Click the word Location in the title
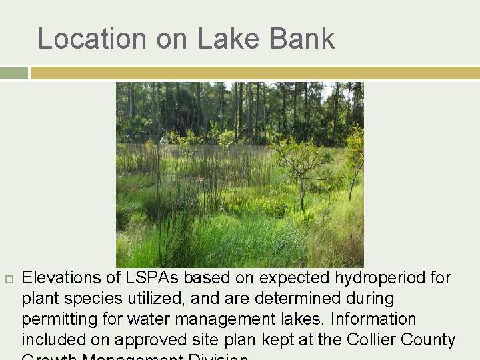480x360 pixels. click(x=93, y=39)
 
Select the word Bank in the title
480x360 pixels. click(x=302, y=39)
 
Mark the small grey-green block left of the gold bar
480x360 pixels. click(x=13, y=73)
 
